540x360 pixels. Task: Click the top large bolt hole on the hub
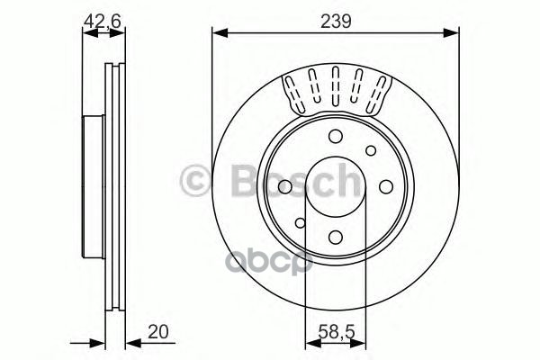click(x=335, y=136)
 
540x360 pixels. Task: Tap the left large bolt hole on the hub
click(x=284, y=185)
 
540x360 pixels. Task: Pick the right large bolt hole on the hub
click(x=385, y=185)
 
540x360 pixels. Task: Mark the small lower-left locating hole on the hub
click(x=300, y=220)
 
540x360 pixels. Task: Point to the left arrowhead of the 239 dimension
click(x=217, y=33)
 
